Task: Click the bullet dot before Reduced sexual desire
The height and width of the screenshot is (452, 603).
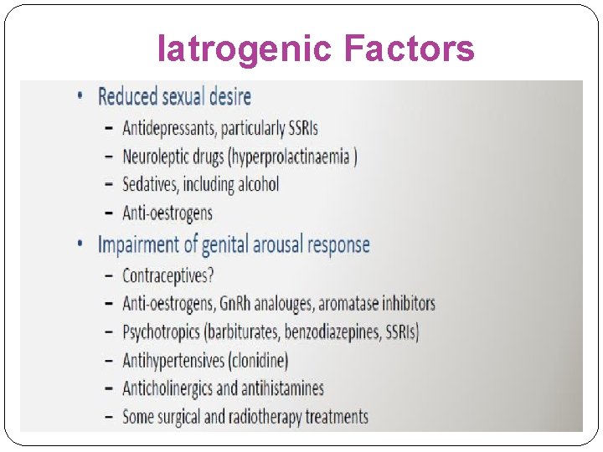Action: point(80,96)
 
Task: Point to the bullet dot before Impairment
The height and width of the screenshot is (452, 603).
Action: point(80,244)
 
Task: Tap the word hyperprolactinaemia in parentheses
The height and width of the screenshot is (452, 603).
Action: point(285,157)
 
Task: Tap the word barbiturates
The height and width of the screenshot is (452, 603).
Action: point(243,331)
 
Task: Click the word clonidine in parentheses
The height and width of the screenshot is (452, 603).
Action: point(257,360)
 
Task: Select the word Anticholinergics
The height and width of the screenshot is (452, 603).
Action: point(167,388)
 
